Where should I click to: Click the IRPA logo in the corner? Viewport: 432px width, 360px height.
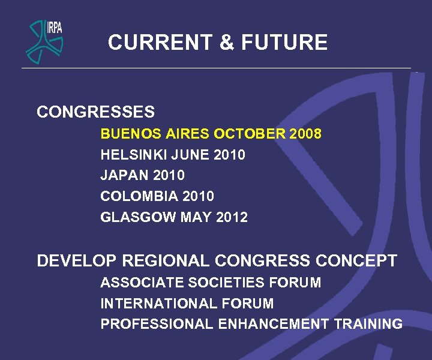pyautogui.click(x=44, y=40)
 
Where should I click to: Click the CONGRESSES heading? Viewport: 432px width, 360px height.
pyautogui.click(x=95, y=112)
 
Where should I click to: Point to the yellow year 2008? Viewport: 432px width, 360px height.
pyautogui.click(x=305, y=133)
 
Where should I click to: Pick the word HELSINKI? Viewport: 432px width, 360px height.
pyautogui.click(x=133, y=155)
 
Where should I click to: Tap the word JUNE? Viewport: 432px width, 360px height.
pyautogui.click(x=188, y=155)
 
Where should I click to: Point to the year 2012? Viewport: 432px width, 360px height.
pyautogui.click(x=232, y=217)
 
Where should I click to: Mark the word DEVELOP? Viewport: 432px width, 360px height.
pyautogui.click(x=77, y=261)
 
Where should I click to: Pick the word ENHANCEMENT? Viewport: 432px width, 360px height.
pyautogui.click(x=273, y=324)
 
